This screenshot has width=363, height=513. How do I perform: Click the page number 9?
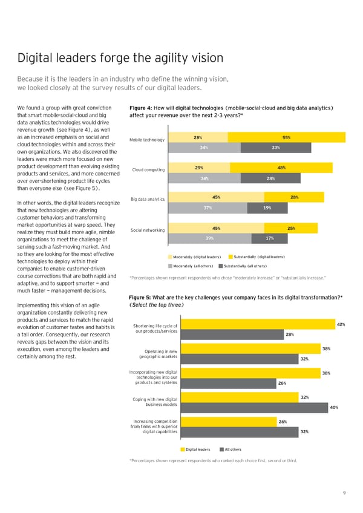344,492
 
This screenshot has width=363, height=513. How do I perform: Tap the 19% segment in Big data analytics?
267,208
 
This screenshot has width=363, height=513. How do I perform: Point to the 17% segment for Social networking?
269,238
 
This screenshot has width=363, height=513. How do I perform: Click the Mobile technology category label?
147,140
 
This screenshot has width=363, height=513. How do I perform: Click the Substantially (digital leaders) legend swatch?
231,257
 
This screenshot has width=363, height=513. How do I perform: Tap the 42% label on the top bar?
341,325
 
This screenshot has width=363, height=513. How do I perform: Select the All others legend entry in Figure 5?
230,449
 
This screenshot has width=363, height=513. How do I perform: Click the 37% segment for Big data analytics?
207,208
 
